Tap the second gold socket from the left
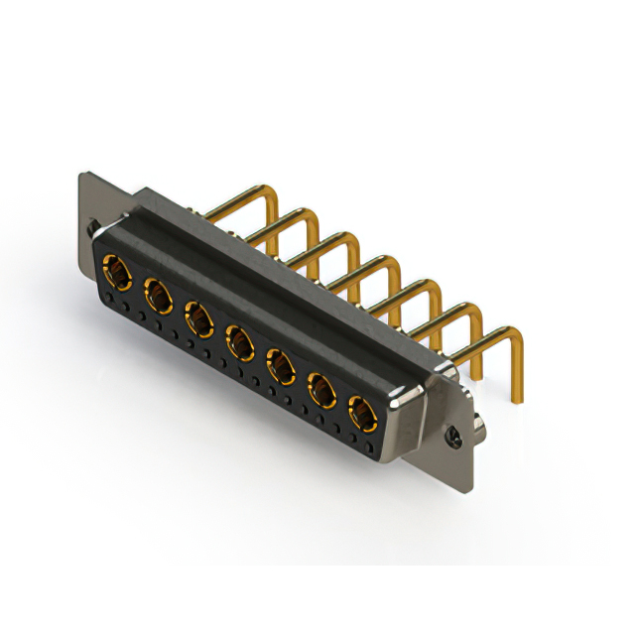(157, 295)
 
